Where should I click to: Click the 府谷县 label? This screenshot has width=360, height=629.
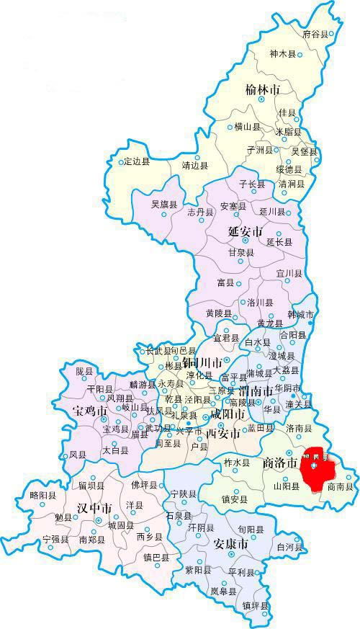[x=315, y=34]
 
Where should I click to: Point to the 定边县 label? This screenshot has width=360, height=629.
[x=136, y=161]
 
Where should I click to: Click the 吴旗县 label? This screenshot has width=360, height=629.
[x=163, y=204]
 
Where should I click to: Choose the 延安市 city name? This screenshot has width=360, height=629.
[x=244, y=233]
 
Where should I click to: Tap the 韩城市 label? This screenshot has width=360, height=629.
[x=301, y=315]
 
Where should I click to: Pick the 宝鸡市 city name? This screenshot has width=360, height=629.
[x=90, y=411]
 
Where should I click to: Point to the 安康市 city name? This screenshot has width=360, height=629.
[x=232, y=544]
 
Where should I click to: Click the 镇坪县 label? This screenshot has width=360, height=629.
[x=256, y=606]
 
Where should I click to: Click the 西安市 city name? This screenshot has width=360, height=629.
[x=222, y=434]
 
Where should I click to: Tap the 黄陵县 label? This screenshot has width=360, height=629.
[x=218, y=314]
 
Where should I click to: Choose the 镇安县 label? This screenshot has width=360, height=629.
[x=235, y=499]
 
